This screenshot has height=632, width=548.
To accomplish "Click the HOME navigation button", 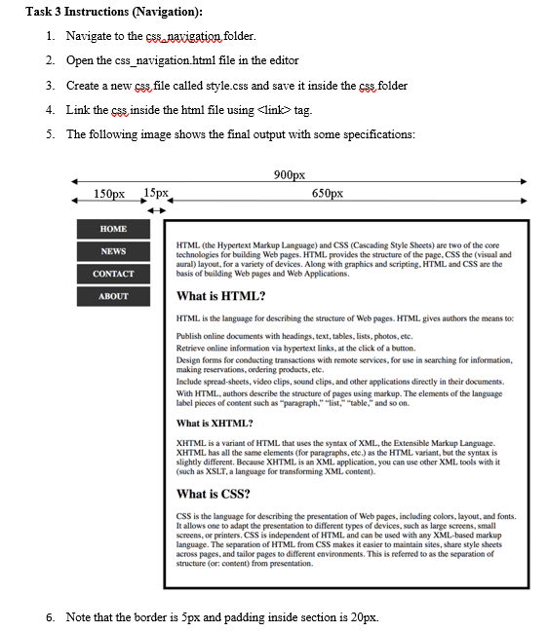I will (x=113, y=229).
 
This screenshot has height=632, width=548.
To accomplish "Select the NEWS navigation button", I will (x=113, y=251).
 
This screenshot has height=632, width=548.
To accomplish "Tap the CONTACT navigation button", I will (x=113, y=274).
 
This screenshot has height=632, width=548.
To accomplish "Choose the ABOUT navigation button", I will (x=113, y=296).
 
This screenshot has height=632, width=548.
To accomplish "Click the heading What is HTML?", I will (x=220, y=296).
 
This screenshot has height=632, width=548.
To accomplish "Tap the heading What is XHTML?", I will (x=215, y=424).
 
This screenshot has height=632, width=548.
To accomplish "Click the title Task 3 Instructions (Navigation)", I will (x=101, y=12).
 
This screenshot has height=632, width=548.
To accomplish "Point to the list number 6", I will (x=50, y=617).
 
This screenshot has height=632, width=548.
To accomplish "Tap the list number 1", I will (x=50, y=36).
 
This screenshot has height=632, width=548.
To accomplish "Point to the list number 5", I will (x=50, y=134).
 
